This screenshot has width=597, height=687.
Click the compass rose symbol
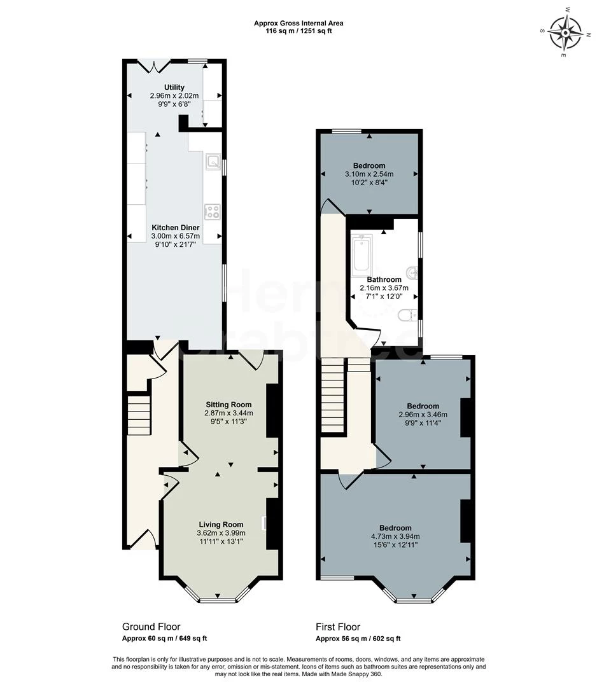(x=565, y=33)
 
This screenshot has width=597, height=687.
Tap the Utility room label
(x=174, y=87)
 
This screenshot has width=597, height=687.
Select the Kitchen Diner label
(x=176, y=227)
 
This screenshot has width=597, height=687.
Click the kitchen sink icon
(x=212, y=162)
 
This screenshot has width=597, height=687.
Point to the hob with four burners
(x=212, y=211)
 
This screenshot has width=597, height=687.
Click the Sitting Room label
(x=228, y=404)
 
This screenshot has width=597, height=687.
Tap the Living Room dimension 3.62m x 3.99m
(x=221, y=533)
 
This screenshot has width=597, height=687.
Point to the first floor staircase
(x=332, y=394)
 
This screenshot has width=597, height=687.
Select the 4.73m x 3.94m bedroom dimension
(x=395, y=536)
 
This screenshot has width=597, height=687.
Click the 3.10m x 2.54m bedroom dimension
(x=369, y=174)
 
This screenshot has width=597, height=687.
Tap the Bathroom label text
(x=384, y=279)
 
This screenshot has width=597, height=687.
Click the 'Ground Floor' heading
(x=151, y=627)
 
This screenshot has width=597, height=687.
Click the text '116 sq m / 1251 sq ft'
(x=298, y=31)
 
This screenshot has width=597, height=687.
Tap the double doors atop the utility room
(x=155, y=64)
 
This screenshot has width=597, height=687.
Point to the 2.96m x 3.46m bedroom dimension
(x=423, y=414)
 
